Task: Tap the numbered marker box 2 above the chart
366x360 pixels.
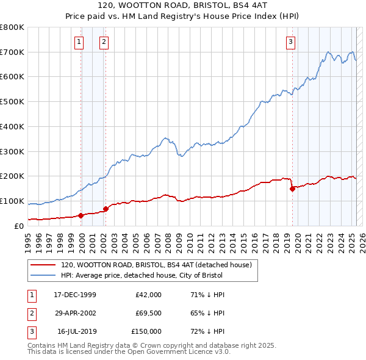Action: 104,42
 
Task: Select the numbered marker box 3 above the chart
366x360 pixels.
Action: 291,42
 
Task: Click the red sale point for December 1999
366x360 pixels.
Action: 81,215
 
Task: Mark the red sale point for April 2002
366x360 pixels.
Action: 106,209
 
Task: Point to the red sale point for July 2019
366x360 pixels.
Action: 292,189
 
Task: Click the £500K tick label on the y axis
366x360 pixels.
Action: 12,101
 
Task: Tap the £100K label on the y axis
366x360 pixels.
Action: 12,201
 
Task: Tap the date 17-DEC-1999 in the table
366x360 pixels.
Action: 75,295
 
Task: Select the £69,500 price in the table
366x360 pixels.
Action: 148,313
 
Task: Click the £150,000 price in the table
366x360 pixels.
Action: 146,331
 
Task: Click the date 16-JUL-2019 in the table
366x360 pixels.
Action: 76,331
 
